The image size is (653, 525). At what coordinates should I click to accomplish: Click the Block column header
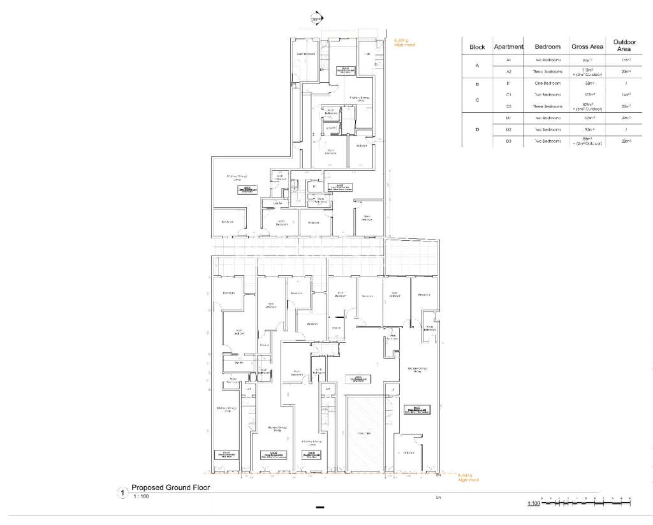pyautogui.click(x=477, y=47)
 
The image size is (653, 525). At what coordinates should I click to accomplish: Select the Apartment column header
pyautogui.click(x=509, y=47)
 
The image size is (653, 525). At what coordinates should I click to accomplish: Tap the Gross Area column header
pyautogui.click(x=587, y=47)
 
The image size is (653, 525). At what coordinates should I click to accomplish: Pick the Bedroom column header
pyautogui.click(x=548, y=47)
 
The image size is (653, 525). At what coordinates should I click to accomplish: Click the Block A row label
pyautogui.click(x=477, y=66)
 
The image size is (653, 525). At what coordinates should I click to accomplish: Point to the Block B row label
pyautogui.click(x=477, y=83)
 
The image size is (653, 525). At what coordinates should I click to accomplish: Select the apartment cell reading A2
pyautogui.click(x=509, y=71)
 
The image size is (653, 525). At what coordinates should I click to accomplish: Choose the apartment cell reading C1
pyautogui.click(x=509, y=94)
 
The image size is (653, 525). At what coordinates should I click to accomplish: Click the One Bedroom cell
pyautogui.click(x=548, y=83)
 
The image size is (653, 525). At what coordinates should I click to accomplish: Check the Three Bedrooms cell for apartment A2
pyautogui.click(x=548, y=71)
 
